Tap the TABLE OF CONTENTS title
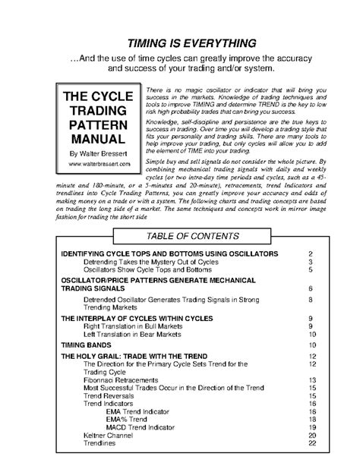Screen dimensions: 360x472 pyautogui.click(x=181, y=236)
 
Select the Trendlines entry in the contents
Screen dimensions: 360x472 pyautogui.click(x=102, y=443)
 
